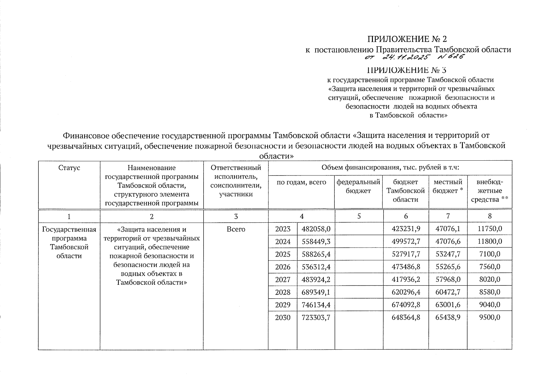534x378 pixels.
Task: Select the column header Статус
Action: pyautogui.click(x=69, y=168)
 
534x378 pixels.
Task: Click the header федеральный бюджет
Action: pyautogui.click(x=358, y=186)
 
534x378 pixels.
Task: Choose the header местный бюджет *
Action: pyautogui.click(x=448, y=186)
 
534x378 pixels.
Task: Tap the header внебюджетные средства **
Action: pyautogui.click(x=490, y=191)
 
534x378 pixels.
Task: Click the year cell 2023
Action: pyautogui.click(x=283, y=229)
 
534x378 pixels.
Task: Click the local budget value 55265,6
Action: pyautogui.click(x=448, y=267)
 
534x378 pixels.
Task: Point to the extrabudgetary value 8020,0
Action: pyautogui.click(x=490, y=279)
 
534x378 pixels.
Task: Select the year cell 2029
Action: pyautogui.click(x=283, y=305)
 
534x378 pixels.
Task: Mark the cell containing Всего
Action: pyautogui.click(x=236, y=229)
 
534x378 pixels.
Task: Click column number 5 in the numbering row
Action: pyautogui.click(x=358, y=216)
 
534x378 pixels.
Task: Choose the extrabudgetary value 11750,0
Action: pyautogui.click(x=490, y=229)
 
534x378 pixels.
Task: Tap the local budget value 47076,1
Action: pyautogui.click(x=448, y=229)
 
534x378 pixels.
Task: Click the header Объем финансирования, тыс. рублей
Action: pyautogui.click(x=390, y=168)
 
